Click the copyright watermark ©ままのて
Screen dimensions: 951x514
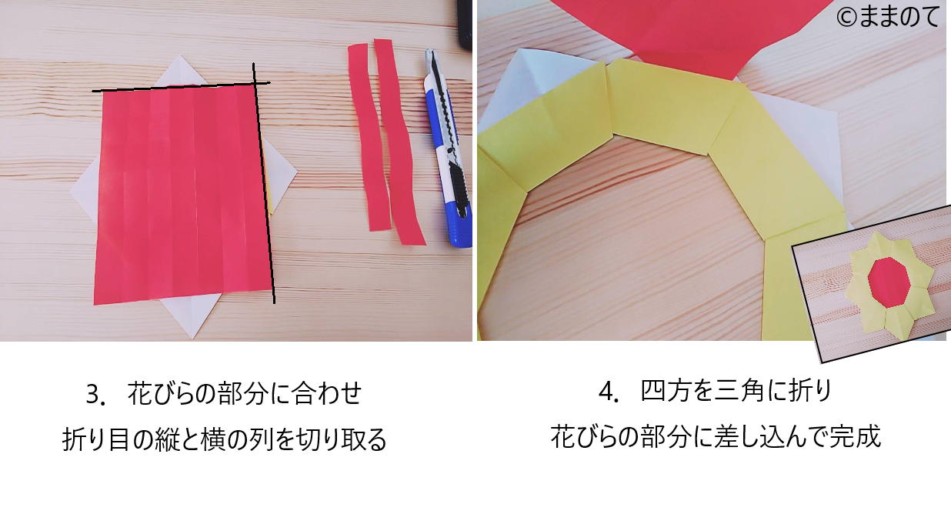click(888, 17)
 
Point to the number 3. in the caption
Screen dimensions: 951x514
click(95, 394)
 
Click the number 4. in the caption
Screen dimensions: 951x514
click(610, 392)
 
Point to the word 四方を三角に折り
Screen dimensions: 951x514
click(736, 392)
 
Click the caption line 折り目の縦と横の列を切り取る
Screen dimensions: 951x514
click(224, 439)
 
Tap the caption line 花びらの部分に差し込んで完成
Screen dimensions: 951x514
click(716, 437)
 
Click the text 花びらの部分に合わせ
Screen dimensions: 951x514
click(245, 393)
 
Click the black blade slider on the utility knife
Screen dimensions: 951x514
click(461, 190)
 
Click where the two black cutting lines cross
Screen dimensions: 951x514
click(254, 84)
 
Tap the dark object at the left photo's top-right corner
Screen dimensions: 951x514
click(465, 24)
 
